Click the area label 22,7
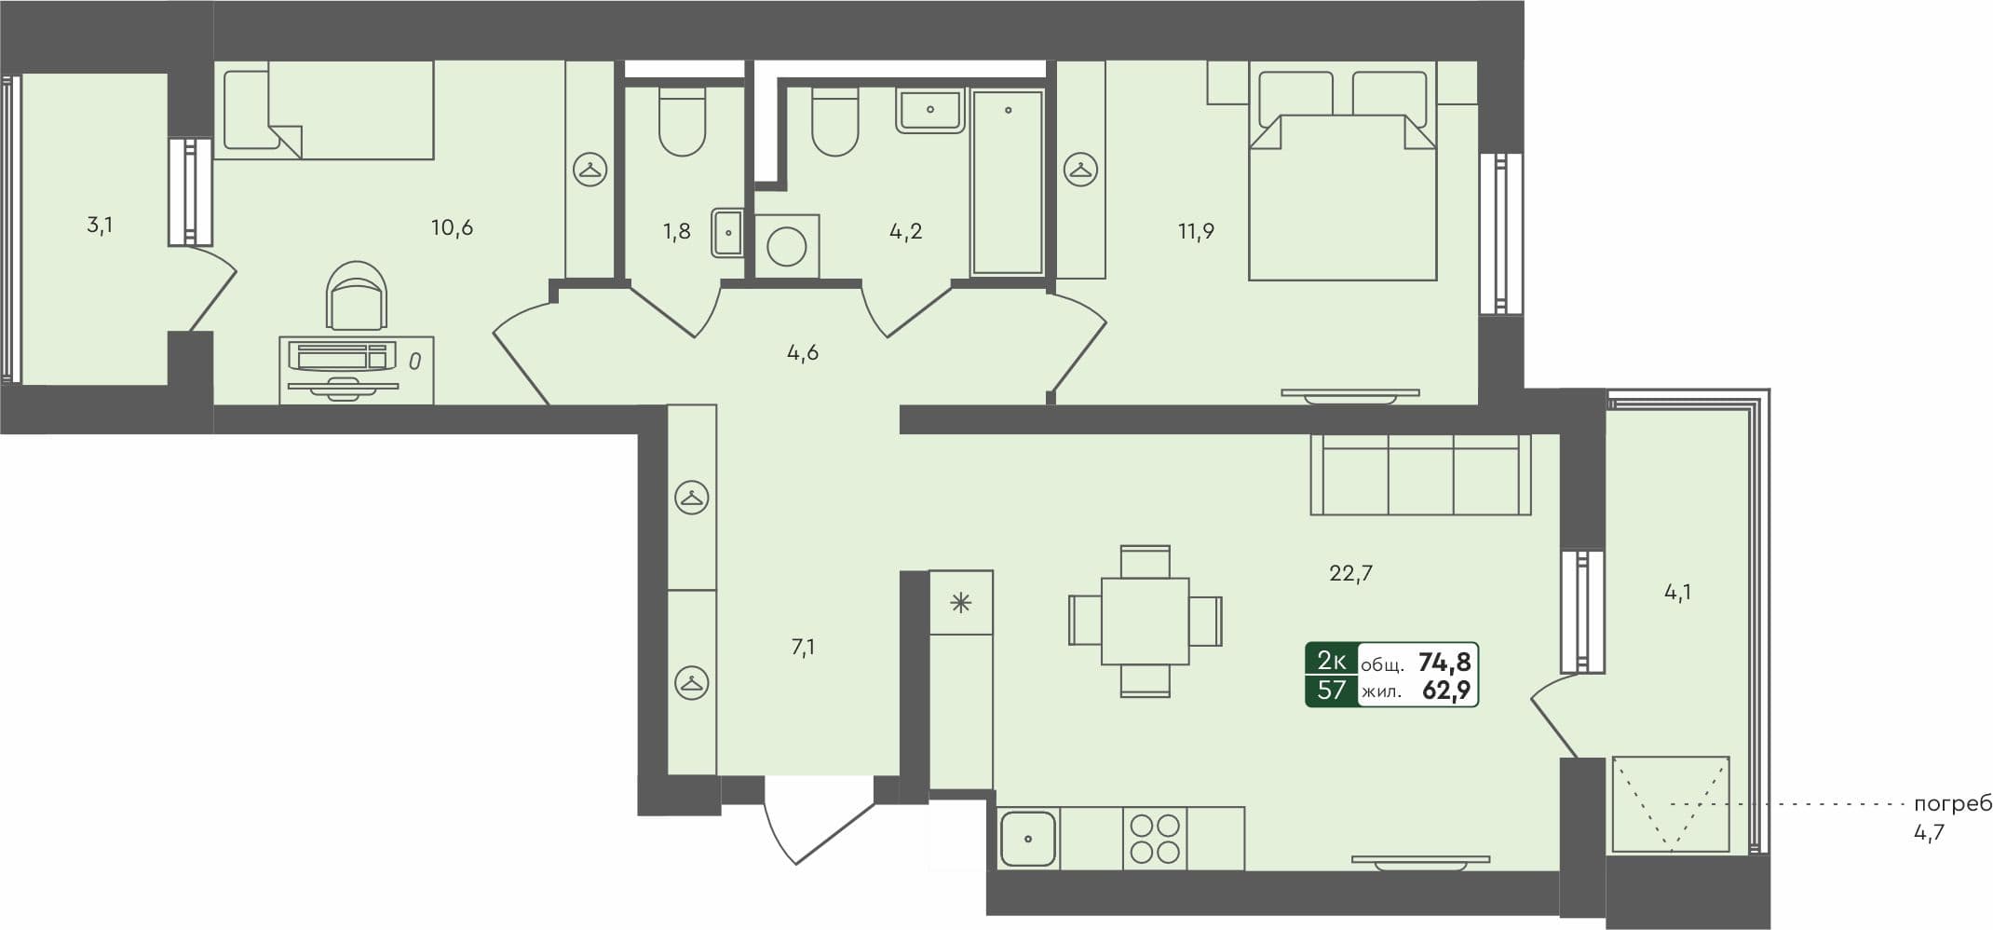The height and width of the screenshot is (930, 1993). tap(1350, 573)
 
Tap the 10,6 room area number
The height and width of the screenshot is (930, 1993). tap(452, 227)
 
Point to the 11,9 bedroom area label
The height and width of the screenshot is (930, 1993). tap(1196, 231)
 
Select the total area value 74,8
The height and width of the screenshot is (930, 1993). tap(1444, 663)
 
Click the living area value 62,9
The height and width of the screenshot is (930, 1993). tap(1446, 691)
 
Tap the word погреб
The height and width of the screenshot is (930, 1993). tap(1952, 804)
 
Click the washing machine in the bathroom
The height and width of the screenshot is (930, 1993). tap(787, 247)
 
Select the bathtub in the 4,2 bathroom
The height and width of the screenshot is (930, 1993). tap(1007, 182)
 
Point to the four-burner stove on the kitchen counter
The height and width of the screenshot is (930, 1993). tap(1155, 838)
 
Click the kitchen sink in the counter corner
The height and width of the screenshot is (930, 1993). tap(1028, 839)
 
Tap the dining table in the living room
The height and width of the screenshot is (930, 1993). tap(1145, 621)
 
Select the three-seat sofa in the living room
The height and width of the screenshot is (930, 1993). tap(1420, 475)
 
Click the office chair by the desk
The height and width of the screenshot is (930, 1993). tap(356, 296)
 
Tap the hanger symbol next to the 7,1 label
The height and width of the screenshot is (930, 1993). tap(691, 682)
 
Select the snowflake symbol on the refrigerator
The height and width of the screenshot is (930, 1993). tap(960, 603)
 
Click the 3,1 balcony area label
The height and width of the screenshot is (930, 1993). tap(100, 225)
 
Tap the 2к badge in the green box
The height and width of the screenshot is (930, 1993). tap(1331, 661)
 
